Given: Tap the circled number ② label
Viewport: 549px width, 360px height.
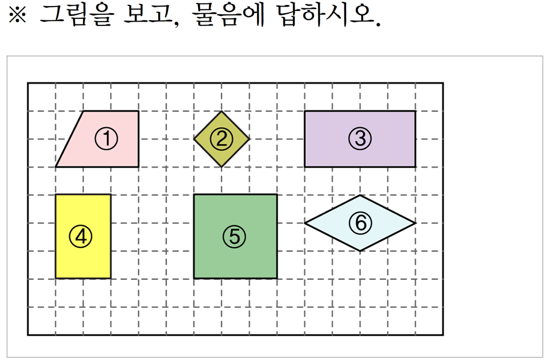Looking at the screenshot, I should tap(222, 139).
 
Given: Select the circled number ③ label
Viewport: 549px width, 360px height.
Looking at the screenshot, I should tap(360, 139).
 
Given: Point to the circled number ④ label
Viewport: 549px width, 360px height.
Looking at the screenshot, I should tap(80, 237).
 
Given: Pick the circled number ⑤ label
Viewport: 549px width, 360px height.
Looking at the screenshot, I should tap(234, 237).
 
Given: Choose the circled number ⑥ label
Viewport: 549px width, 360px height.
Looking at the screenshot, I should tap(360, 223).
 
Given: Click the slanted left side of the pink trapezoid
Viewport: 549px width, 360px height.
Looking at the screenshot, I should tap(70, 139).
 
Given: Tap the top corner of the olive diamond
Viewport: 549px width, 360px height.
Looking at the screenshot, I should tap(222, 111).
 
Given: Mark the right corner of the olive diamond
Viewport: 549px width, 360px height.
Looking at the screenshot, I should tap(249, 139).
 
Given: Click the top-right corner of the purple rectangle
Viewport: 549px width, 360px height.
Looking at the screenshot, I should tap(415, 111).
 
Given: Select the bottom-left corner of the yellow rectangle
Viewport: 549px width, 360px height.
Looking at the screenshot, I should tap(56, 278).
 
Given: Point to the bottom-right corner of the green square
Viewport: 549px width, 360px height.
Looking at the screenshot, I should tap(277, 278).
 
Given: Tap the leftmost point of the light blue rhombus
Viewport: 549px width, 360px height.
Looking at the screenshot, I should tap(305, 223).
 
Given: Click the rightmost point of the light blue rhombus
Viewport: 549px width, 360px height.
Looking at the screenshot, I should tap(415, 223).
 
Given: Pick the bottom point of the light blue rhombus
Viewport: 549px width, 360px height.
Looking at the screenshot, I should tap(360, 251).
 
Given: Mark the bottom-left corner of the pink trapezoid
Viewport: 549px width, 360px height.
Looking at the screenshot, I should tap(56, 166).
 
